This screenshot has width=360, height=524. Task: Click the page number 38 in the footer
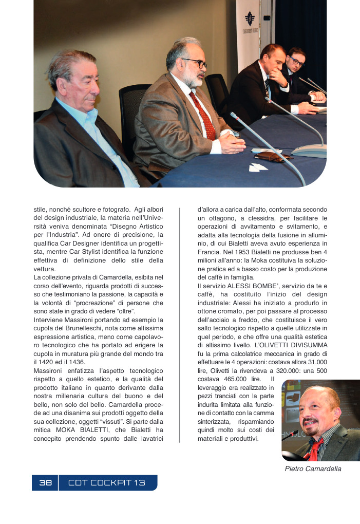tap(45, 482)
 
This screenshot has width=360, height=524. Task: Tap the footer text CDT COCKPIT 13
tap(107, 482)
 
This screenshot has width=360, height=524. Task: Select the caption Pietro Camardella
tap(313, 469)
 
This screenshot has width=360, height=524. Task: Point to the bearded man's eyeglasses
tap(195, 63)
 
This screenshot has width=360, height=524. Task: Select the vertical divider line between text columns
tap(179, 324)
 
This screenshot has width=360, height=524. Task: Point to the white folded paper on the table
tap(258, 167)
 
